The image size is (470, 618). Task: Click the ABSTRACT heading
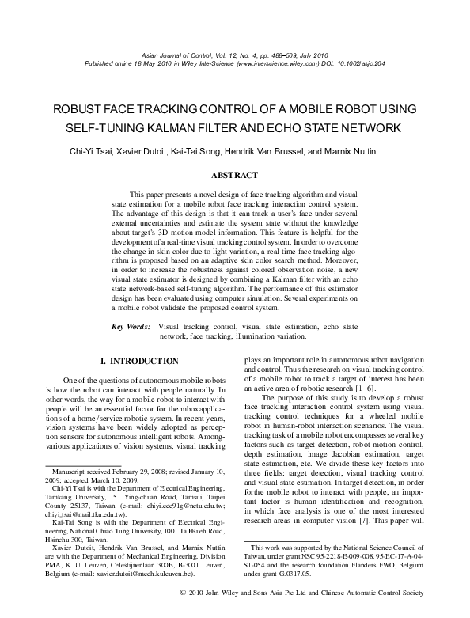(x=234, y=174)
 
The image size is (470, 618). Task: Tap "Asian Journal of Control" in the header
(x=176, y=55)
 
